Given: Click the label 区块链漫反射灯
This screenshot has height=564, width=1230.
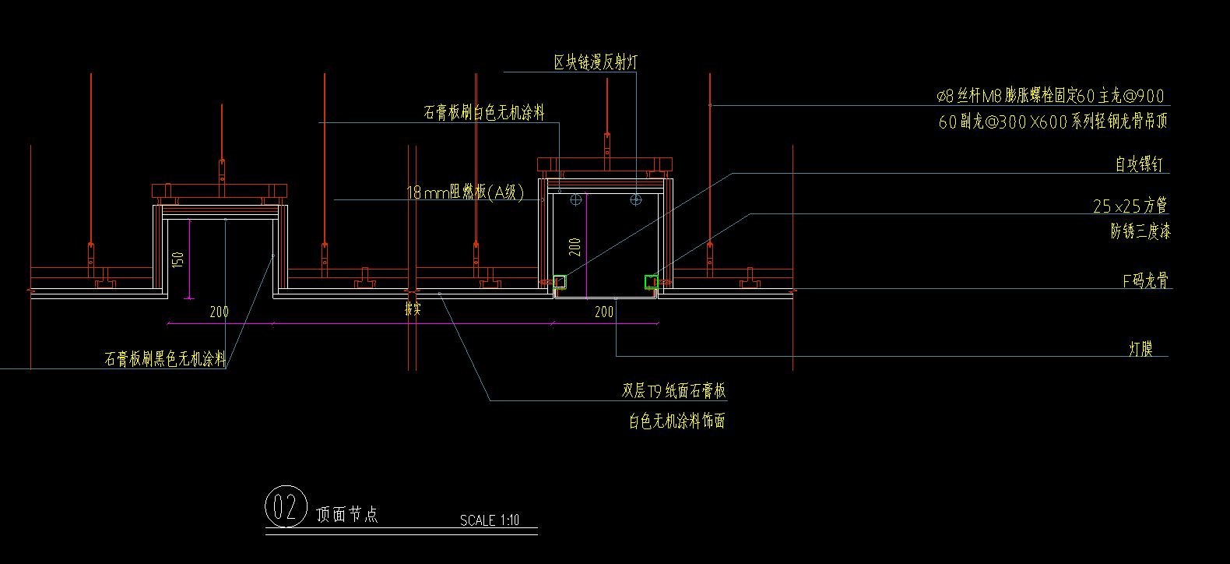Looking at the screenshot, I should tap(596, 62).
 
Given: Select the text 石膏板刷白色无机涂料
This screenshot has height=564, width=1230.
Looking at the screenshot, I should tap(483, 113).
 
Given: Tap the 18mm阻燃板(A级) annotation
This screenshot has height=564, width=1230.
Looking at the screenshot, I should tap(465, 192).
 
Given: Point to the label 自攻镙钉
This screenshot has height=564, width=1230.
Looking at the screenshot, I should tap(1139, 164).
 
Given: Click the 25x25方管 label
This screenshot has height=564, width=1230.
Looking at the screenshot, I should tap(1130, 206).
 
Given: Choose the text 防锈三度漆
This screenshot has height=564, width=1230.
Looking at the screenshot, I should tap(1140, 231).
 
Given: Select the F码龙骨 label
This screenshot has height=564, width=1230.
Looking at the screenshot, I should tap(1145, 280).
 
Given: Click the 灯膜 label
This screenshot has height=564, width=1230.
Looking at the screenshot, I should tap(1140, 349).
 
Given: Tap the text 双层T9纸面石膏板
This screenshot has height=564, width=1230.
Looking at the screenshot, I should tap(673, 391).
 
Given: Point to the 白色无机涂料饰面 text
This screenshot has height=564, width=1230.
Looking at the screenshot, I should tap(677, 421).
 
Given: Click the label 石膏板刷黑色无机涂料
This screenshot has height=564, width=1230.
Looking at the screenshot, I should tap(165, 359).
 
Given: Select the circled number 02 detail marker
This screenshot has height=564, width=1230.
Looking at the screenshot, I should tap(286, 508).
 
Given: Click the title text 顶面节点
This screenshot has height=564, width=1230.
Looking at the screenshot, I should tap(347, 514).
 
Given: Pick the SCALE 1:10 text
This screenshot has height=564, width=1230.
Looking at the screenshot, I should tap(489, 520).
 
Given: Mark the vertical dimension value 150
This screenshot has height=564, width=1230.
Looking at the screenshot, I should tap(178, 259).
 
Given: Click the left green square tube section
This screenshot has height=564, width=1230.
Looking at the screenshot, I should tap(559, 282).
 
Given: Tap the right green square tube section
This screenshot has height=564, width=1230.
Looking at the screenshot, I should tap(651, 282).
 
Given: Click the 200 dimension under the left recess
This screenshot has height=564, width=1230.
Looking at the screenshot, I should tap(220, 312).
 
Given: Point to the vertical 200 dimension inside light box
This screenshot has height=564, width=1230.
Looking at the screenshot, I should tap(575, 247).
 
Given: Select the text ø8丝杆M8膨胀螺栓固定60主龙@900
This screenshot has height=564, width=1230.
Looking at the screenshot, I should tap(1050, 97).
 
